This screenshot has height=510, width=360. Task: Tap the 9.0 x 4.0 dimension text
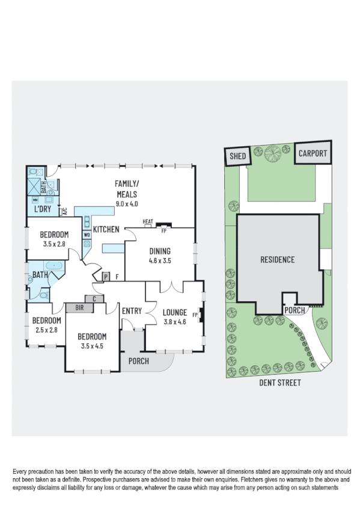point(127,204)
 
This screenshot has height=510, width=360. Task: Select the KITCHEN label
point(106,229)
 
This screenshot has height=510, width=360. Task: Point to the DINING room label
point(160,251)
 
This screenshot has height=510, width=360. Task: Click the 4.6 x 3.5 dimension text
point(160,261)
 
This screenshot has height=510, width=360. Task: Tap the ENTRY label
point(132,311)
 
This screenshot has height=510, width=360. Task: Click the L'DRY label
point(42,209)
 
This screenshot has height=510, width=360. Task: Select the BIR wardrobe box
point(79,307)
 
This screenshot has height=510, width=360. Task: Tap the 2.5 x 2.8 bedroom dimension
point(46,330)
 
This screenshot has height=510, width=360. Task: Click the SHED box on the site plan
point(236,156)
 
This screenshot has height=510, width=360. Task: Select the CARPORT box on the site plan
point(313,153)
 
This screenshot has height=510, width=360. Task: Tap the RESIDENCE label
point(277,260)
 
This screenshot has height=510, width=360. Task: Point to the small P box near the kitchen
point(106,277)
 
